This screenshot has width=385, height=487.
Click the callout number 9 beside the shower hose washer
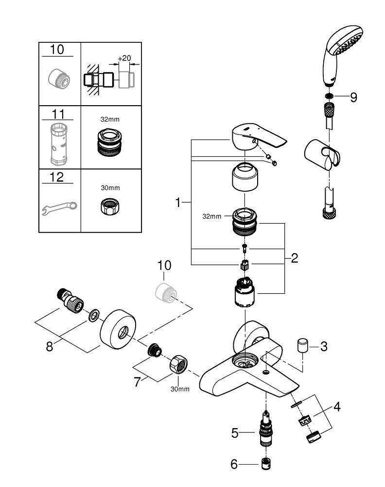[x=353, y=97]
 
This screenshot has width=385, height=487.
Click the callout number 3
[x=324, y=347]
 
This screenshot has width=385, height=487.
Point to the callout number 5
[x=235, y=432]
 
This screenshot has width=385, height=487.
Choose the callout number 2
[x=294, y=258]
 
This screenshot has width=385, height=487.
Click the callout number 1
[x=178, y=202]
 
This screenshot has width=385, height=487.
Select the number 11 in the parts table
[x=58, y=114]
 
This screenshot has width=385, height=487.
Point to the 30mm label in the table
[x=110, y=187]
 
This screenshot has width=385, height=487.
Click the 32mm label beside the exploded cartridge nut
[x=212, y=216]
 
